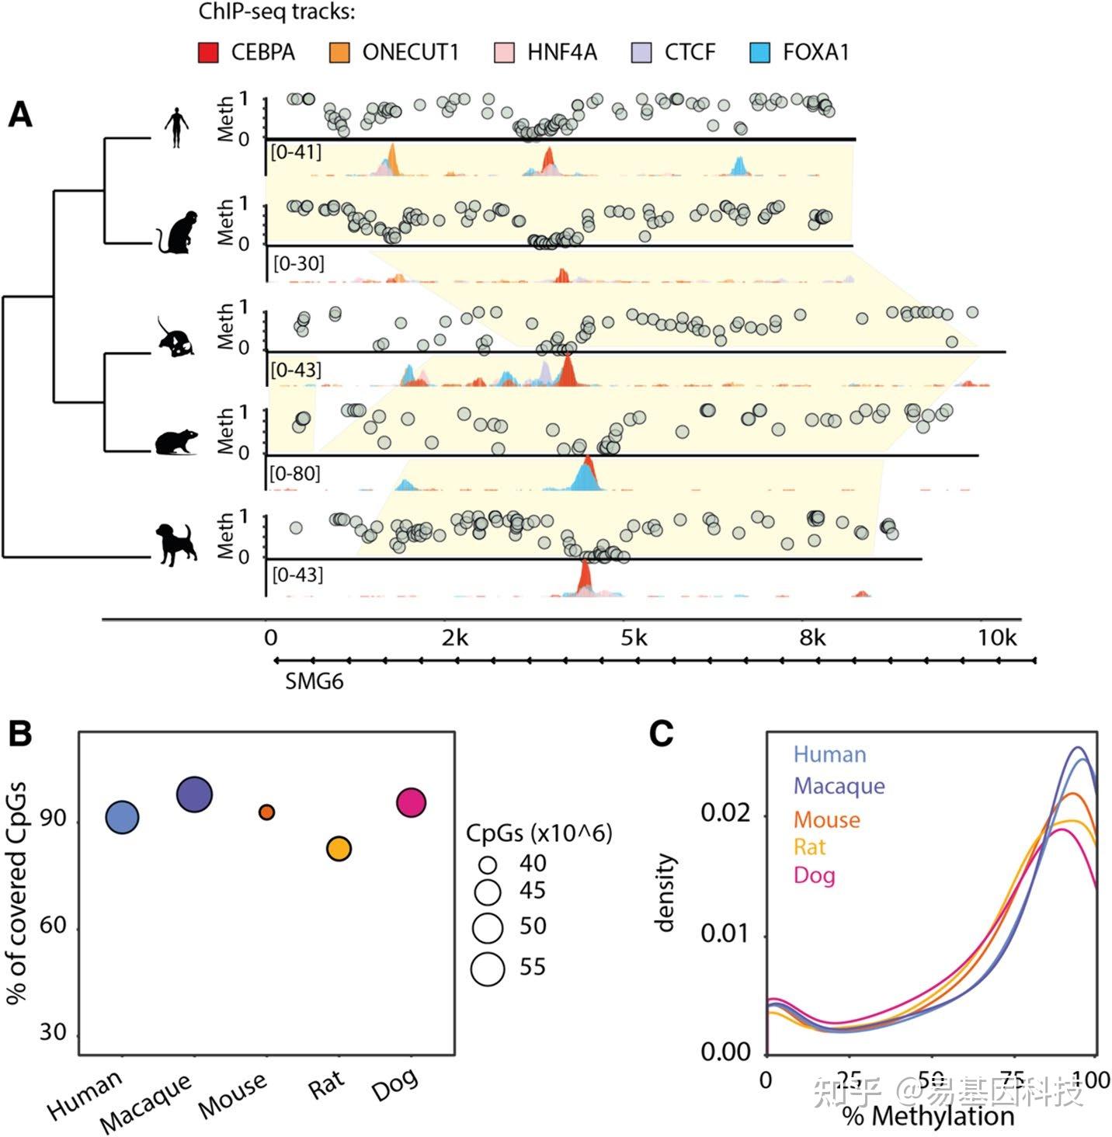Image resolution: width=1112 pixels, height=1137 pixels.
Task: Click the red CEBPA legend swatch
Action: pyautogui.click(x=208, y=53)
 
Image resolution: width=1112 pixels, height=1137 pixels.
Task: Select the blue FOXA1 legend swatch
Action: pyautogui.click(x=759, y=53)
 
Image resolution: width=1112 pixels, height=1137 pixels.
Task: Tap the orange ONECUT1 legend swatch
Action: pyautogui.click(x=339, y=53)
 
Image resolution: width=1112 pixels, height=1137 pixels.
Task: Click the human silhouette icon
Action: pyautogui.click(x=177, y=128)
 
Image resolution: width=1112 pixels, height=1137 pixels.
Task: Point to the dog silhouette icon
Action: pyautogui.click(x=176, y=543)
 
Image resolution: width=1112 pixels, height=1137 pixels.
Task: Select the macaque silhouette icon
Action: pyautogui.click(x=177, y=231)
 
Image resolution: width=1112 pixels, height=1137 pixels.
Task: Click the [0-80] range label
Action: pyautogui.click(x=294, y=473)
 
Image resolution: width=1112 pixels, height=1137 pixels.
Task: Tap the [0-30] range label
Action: pyautogui.click(x=298, y=263)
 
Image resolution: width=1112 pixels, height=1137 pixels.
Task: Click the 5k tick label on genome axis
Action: pyautogui.click(x=634, y=638)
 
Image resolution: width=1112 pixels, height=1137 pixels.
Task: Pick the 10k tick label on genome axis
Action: pyautogui.click(x=996, y=638)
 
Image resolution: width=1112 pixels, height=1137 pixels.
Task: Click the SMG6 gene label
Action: pyautogui.click(x=314, y=682)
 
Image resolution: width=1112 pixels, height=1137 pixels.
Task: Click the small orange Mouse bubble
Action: pyautogui.click(x=266, y=812)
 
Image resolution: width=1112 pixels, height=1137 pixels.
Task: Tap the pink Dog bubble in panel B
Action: pyautogui.click(x=411, y=802)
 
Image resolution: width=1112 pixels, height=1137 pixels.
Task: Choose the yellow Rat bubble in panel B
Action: pyautogui.click(x=339, y=848)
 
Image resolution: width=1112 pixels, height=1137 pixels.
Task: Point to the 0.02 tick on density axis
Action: pyautogui.click(x=725, y=813)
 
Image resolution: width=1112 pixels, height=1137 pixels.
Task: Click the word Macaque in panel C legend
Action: pyautogui.click(x=839, y=786)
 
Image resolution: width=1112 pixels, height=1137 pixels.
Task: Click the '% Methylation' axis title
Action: pyautogui.click(x=928, y=1116)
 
